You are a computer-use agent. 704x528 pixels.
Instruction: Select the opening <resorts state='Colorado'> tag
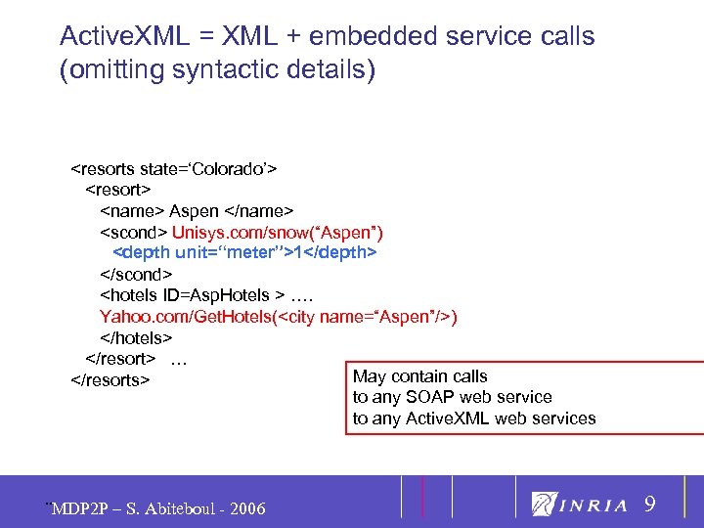pyautogui.click(x=173, y=168)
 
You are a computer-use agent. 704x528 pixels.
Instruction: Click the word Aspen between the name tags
pyautogui.click(x=194, y=211)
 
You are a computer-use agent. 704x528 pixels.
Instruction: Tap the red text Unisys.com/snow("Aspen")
pyautogui.click(x=278, y=233)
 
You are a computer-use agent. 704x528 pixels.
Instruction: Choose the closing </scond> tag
pyautogui.click(x=136, y=275)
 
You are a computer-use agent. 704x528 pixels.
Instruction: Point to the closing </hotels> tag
pyautogui.click(x=136, y=338)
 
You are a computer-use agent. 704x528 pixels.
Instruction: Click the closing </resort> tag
pyautogui.click(x=121, y=359)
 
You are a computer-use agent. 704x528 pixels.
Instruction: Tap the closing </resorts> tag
pyautogui.click(x=110, y=379)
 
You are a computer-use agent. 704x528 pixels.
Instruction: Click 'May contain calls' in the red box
pyautogui.click(x=419, y=376)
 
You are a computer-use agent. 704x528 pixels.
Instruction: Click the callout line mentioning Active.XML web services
pyautogui.click(x=473, y=418)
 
